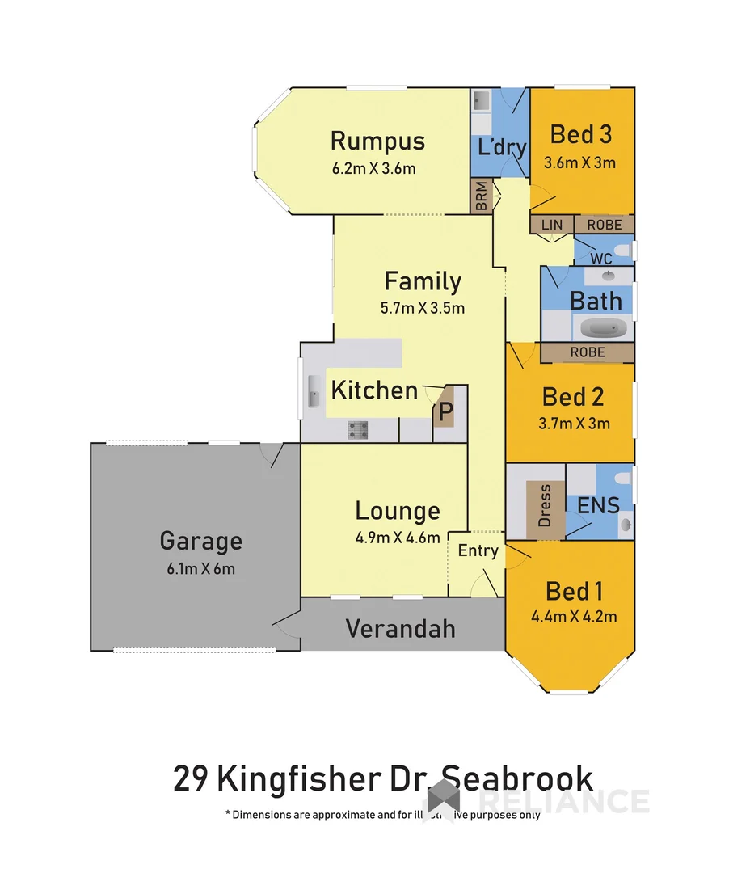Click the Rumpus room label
[377, 141]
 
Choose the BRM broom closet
[482, 196]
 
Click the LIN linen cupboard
[551, 224]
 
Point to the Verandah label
[401, 628]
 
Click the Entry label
[478, 550]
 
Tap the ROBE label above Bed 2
[588, 352]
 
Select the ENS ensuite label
[599, 506]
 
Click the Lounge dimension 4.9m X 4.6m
[398, 538]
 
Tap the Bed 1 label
[574, 591]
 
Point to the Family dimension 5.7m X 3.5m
[423, 308]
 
